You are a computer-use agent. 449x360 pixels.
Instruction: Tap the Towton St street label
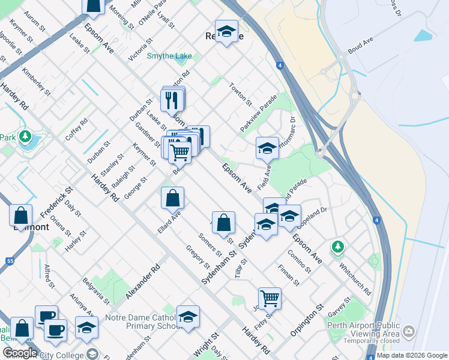tap(240, 94)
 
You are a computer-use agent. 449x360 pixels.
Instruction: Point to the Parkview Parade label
tap(259, 113)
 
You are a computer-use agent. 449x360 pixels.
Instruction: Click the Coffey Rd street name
tap(76, 128)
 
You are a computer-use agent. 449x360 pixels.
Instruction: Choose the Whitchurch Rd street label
tap(355, 278)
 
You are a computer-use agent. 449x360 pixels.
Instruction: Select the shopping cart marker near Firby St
tap(270, 298)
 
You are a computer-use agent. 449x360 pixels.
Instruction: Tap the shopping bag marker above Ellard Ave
tap(172, 197)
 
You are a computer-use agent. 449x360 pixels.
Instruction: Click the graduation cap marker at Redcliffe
tap(226, 32)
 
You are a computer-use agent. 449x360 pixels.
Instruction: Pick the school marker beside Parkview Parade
tap(267, 148)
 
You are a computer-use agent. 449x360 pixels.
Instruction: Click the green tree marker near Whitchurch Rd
tap(338, 247)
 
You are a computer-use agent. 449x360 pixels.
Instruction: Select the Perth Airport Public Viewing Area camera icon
tap(409, 331)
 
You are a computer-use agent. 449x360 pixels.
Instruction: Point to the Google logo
tap(19, 353)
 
